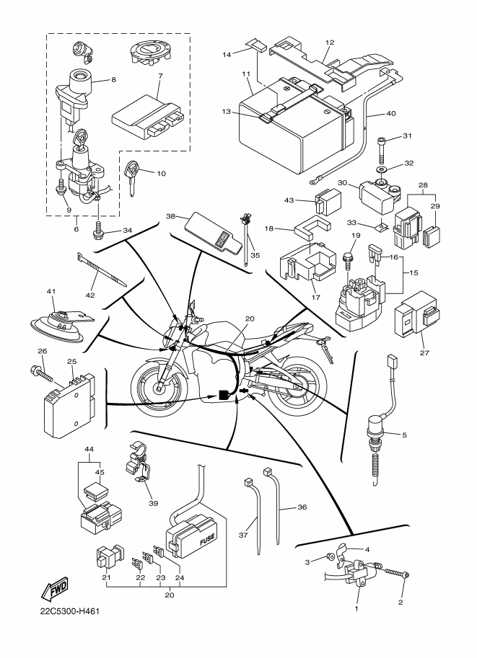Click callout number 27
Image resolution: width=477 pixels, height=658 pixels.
click(424, 354)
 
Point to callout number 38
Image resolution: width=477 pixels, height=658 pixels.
click(171, 215)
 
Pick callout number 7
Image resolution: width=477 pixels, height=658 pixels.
click(159, 75)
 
